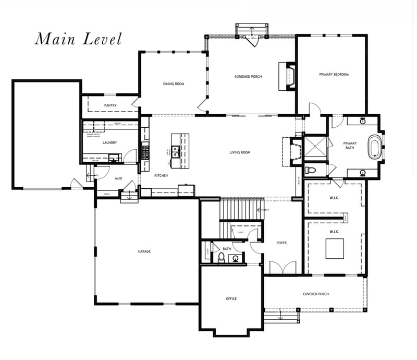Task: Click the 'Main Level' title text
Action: coord(78,39)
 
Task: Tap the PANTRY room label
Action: coord(110,105)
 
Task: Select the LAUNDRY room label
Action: coord(109,142)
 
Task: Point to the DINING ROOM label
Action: coord(174,84)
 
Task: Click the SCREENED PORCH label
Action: coord(248,77)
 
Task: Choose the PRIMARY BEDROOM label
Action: coord(334,75)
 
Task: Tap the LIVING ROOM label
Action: coord(240,153)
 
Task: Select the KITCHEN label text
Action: coord(161,176)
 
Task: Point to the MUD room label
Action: coord(118,178)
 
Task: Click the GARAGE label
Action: coord(144,251)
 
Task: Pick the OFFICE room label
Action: coord(231,299)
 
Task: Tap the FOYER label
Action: coord(281,243)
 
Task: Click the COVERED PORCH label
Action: coord(316,294)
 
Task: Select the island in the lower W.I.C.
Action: coord(335,248)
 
